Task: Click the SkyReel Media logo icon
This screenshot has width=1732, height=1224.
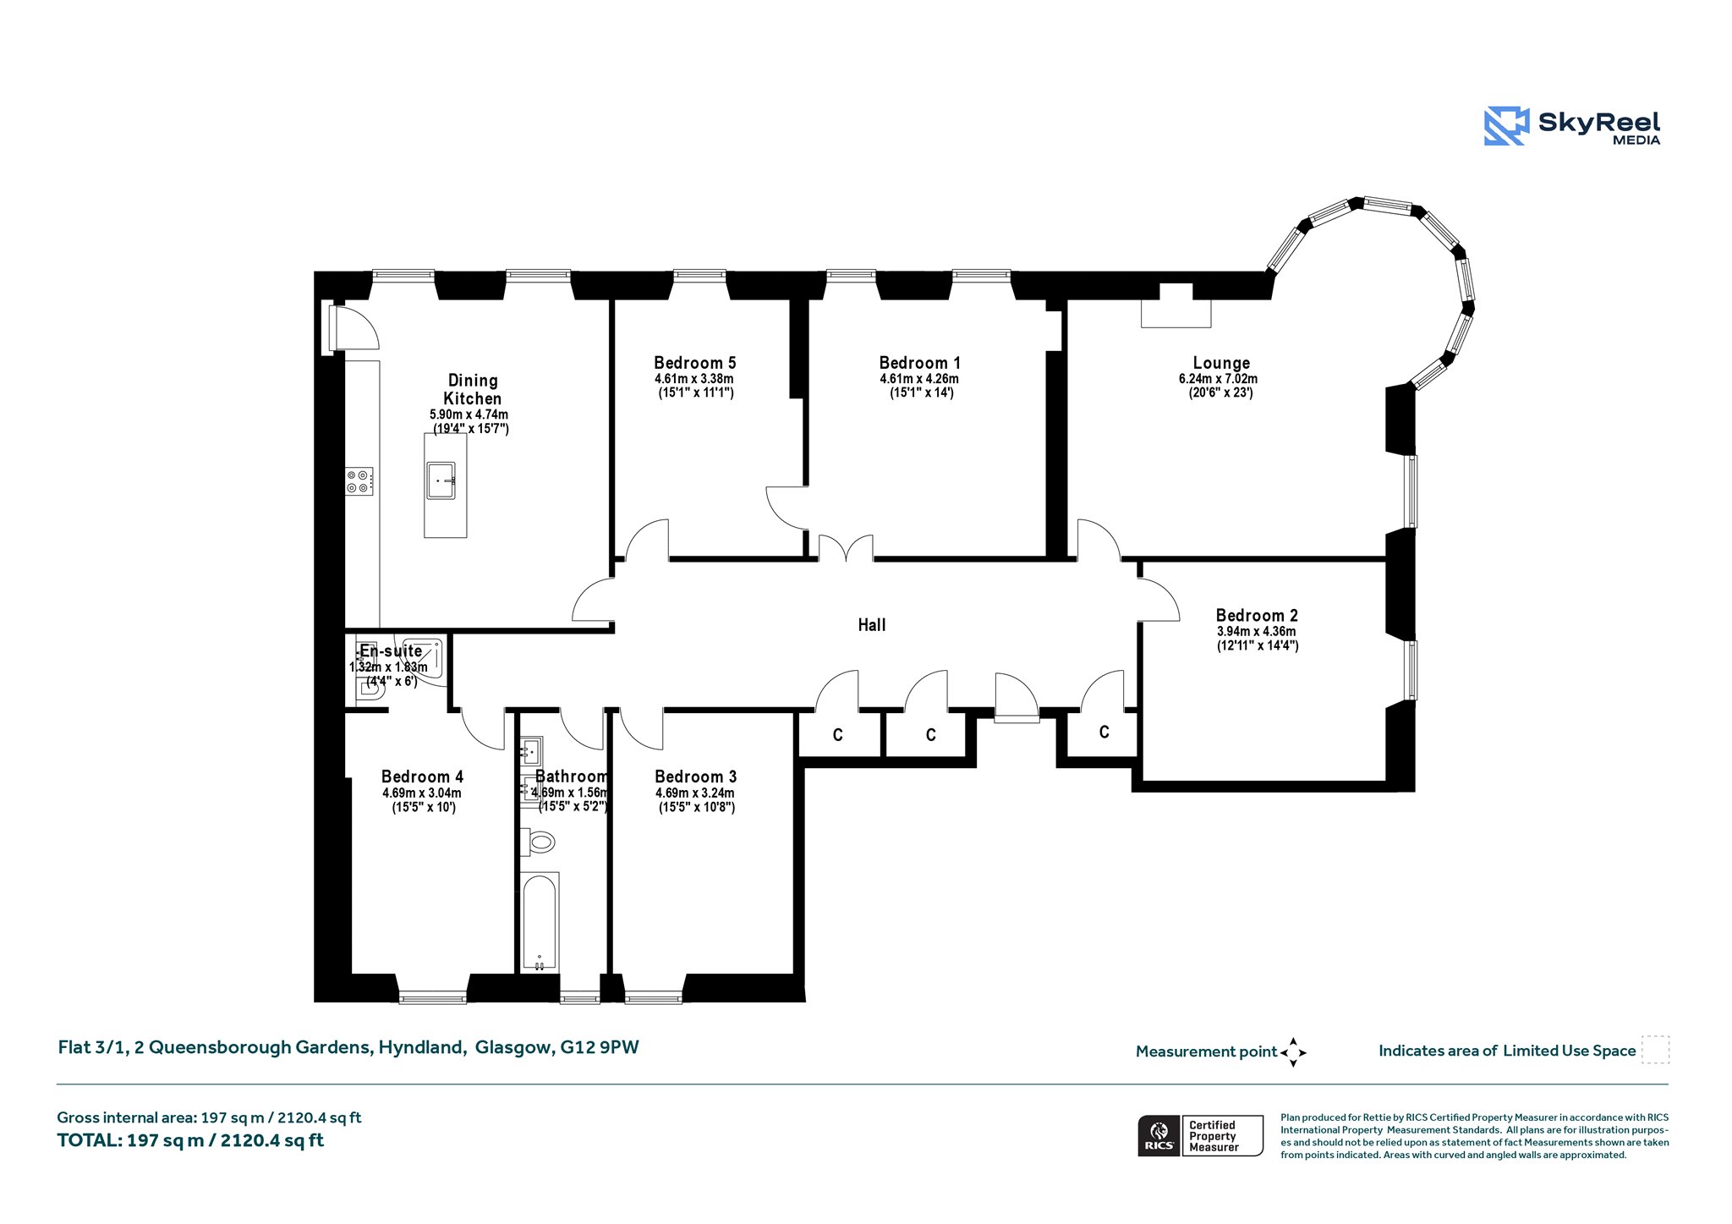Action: click(1506, 127)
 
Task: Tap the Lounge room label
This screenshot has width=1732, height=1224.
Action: click(1221, 363)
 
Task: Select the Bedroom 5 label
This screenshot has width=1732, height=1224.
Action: click(694, 363)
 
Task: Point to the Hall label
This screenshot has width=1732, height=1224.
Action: click(872, 625)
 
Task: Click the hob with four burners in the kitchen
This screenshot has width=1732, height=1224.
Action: click(359, 481)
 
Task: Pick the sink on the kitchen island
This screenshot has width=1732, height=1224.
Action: click(441, 480)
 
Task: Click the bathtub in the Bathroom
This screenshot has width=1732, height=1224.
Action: click(540, 922)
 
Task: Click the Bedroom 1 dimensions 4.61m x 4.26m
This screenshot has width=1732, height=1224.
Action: click(919, 379)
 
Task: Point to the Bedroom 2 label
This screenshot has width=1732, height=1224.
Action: click(1257, 616)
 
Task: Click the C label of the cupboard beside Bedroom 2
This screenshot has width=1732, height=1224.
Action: click(1104, 732)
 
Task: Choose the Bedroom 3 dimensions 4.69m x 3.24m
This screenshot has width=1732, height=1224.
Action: click(695, 793)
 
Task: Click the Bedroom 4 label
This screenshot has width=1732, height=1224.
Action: click(422, 777)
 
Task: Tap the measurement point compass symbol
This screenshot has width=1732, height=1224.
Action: click(1293, 1052)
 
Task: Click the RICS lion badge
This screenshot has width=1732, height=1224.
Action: click(1159, 1135)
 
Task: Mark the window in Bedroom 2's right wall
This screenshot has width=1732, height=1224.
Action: click(1410, 670)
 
